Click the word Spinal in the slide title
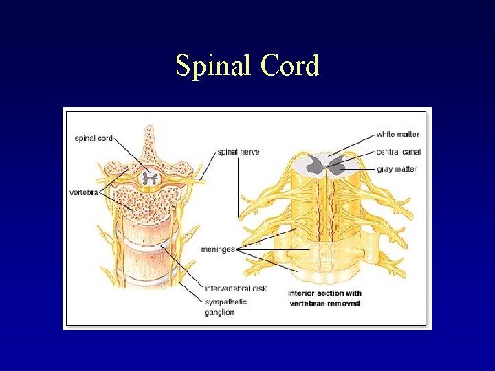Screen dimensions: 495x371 coord(212,66)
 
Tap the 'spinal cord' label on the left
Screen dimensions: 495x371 coord(93,138)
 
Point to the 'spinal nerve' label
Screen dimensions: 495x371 coord(239,152)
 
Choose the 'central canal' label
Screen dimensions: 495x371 coord(399,152)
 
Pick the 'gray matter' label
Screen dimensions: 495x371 coord(397,169)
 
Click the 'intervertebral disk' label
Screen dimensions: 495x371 coord(235,289)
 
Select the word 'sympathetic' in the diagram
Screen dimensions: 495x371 coord(226,301)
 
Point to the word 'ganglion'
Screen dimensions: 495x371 coord(219,313)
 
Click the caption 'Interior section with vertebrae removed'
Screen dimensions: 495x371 coord(325,298)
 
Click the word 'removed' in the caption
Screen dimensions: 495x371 coord(344,303)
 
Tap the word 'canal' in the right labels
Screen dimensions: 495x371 coord(410,152)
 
